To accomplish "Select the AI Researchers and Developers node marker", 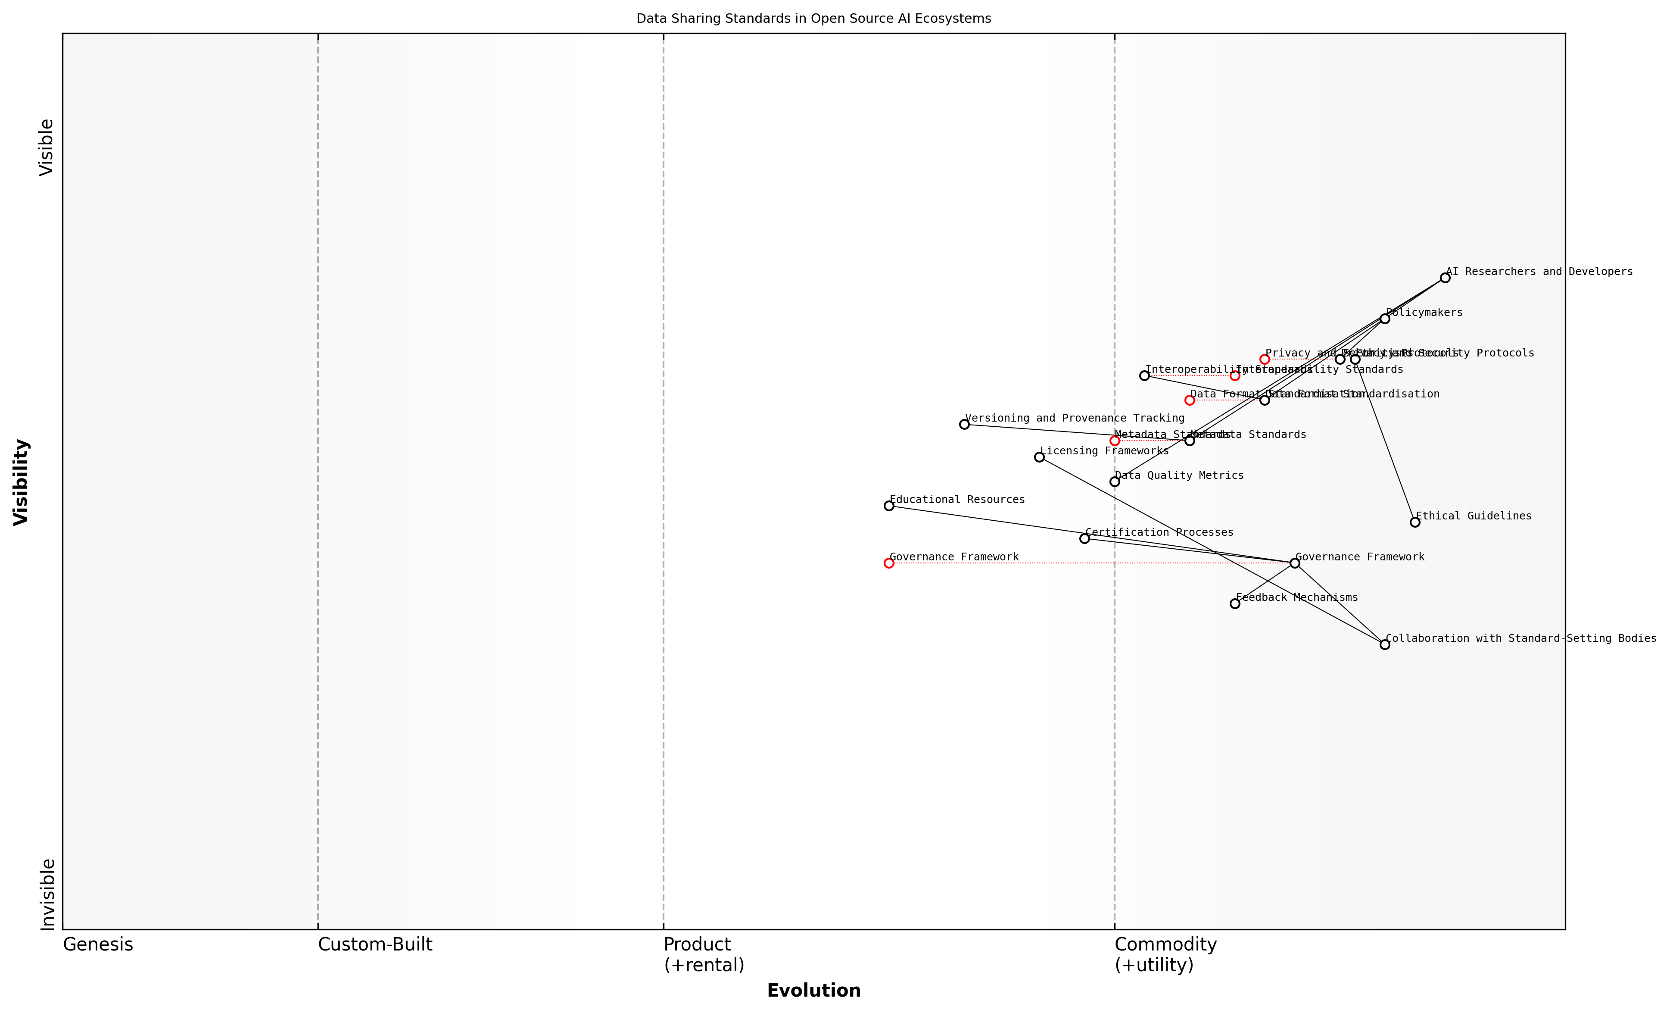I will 1445,278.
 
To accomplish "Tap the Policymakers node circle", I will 1385,319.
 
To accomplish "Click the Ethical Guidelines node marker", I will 1415,522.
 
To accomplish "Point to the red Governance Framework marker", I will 888,563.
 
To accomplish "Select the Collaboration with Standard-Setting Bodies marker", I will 1385,645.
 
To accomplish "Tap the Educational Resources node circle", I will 888,506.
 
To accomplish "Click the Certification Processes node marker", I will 1084,538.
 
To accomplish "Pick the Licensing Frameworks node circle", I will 1039,457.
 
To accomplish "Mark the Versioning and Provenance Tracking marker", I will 964,425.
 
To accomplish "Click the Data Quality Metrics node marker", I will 1114,482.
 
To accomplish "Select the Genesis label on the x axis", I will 98,944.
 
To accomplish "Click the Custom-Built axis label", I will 375,944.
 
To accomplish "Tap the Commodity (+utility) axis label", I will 1165,954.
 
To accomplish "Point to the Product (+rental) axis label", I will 704,954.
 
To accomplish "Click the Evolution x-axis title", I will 813,991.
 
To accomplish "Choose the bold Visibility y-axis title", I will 21,482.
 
